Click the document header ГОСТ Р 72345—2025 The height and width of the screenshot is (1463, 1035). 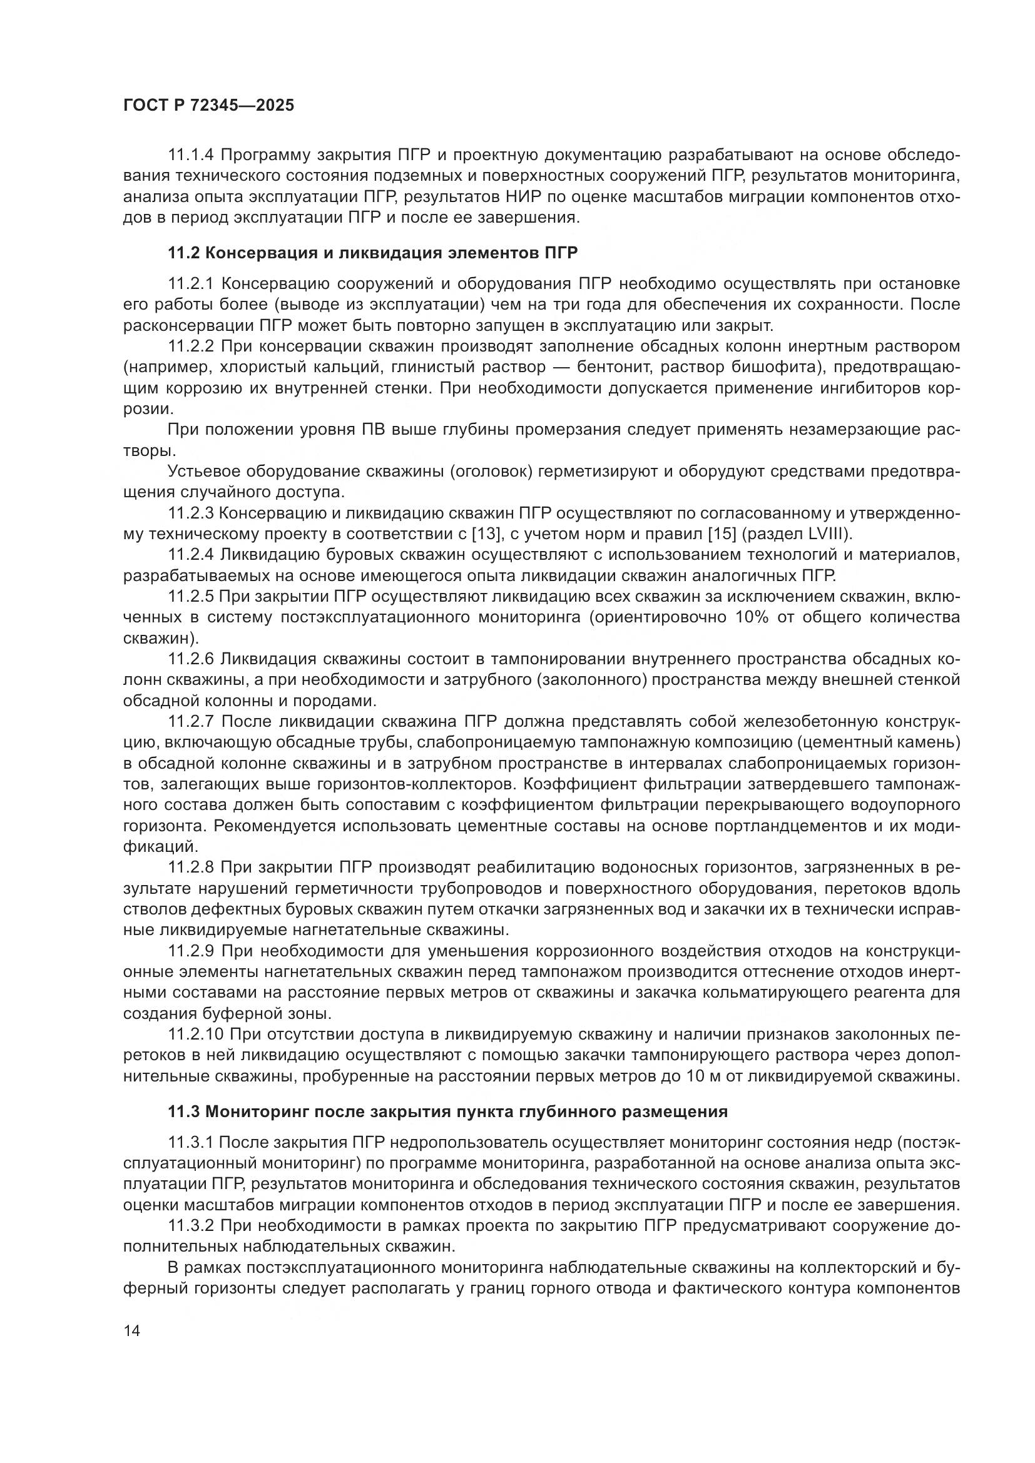point(208,106)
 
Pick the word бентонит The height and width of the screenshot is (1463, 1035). point(611,367)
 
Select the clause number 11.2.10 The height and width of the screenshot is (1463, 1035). point(196,1034)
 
